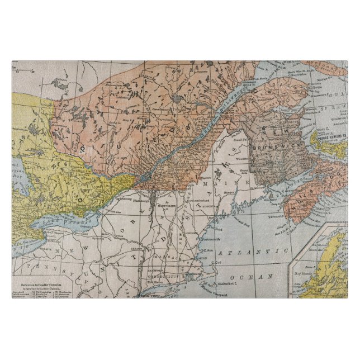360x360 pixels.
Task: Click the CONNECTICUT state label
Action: tap(164, 276)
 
